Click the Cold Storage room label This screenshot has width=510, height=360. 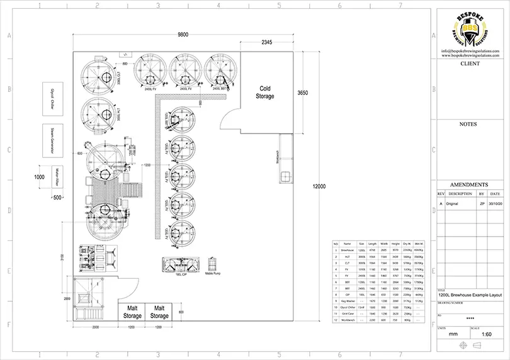point(265,93)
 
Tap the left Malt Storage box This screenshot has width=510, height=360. point(132,312)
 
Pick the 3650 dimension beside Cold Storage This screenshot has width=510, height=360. point(302,93)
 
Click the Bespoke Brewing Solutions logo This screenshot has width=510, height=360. point(471,28)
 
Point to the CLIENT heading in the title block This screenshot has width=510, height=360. point(470,64)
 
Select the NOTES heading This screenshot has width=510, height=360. point(470,125)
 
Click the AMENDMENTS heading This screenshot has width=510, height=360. point(470,184)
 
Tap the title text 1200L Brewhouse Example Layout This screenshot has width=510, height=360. point(470,294)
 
